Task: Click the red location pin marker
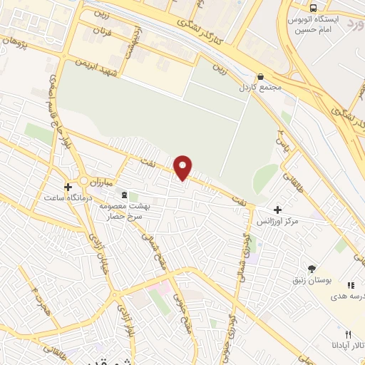coord(183,167)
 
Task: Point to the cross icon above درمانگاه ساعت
coord(68,187)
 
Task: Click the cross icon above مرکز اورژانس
coord(278,210)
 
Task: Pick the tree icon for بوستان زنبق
coord(312,268)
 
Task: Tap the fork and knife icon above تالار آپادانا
coord(348,334)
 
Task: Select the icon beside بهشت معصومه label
coord(125,195)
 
